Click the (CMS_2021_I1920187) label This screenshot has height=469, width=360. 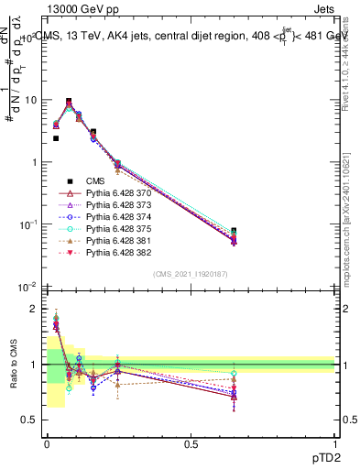tap(191, 274)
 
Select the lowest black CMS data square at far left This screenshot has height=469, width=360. tap(56, 138)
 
